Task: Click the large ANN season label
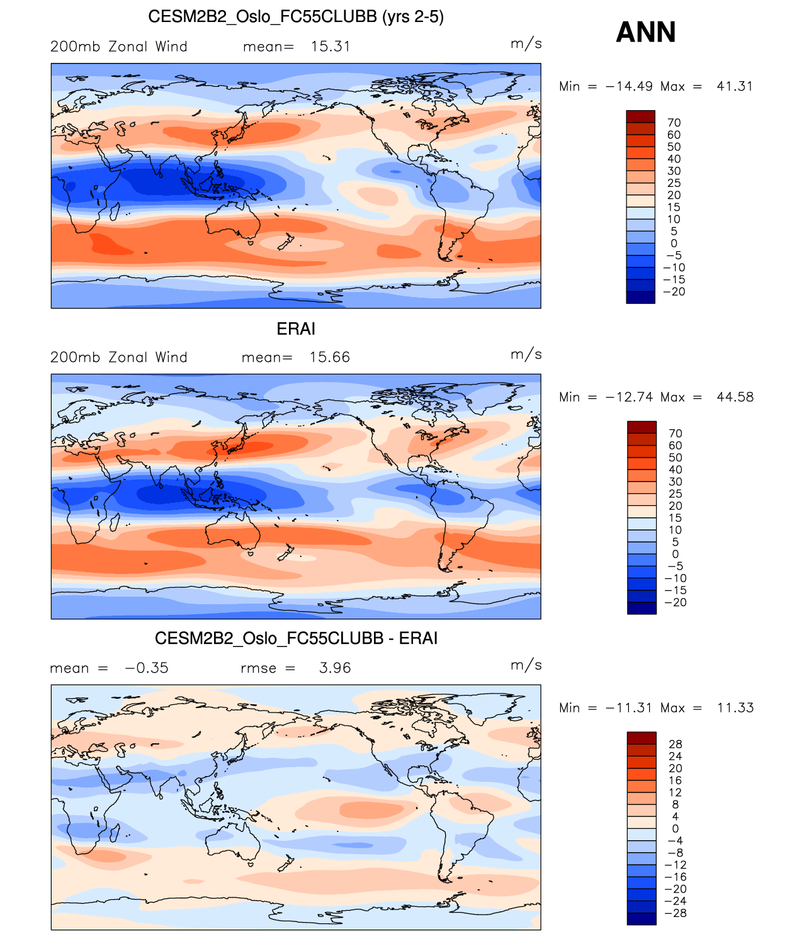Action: (645, 33)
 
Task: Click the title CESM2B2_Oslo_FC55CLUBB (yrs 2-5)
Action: (296, 17)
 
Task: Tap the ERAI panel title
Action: (296, 329)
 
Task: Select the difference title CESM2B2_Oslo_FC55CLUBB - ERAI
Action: (296, 638)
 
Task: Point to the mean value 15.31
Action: (331, 47)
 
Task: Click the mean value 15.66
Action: (329, 357)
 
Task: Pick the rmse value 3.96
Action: (335, 668)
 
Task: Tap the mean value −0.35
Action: (147, 668)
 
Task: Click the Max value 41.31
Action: (735, 86)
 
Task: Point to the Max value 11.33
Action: (735, 707)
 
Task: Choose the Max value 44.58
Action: (735, 397)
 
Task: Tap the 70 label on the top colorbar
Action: (674, 123)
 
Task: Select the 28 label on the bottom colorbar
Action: (675, 744)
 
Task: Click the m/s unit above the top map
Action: (526, 44)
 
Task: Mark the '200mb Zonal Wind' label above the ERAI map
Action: (119, 357)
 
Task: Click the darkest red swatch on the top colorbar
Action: (640, 116)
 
